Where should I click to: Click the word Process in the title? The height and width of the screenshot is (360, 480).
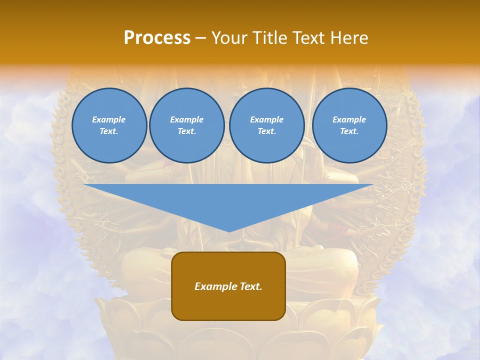click(x=157, y=37)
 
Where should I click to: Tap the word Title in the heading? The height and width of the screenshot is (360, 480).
click(x=269, y=37)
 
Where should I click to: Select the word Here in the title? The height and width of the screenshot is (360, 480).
click(x=349, y=37)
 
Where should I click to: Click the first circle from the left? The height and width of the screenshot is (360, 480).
click(x=109, y=125)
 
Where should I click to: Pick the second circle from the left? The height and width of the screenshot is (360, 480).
click(x=186, y=125)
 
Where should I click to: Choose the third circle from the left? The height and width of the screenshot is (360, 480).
click(x=266, y=125)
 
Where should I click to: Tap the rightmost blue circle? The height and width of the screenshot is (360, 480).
click(x=349, y=125)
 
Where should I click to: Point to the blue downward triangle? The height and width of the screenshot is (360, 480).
click(x=228, y=202)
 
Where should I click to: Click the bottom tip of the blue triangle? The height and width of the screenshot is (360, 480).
click(x=229, y=230)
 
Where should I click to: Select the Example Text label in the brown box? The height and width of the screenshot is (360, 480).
click(x=228, y=286)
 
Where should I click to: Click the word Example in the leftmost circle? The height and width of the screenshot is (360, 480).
click(x=109, y=119)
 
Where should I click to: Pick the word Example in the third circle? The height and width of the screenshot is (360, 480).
click(x=266, y=119)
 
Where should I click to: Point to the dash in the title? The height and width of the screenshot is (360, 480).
click(x=200, y=38)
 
